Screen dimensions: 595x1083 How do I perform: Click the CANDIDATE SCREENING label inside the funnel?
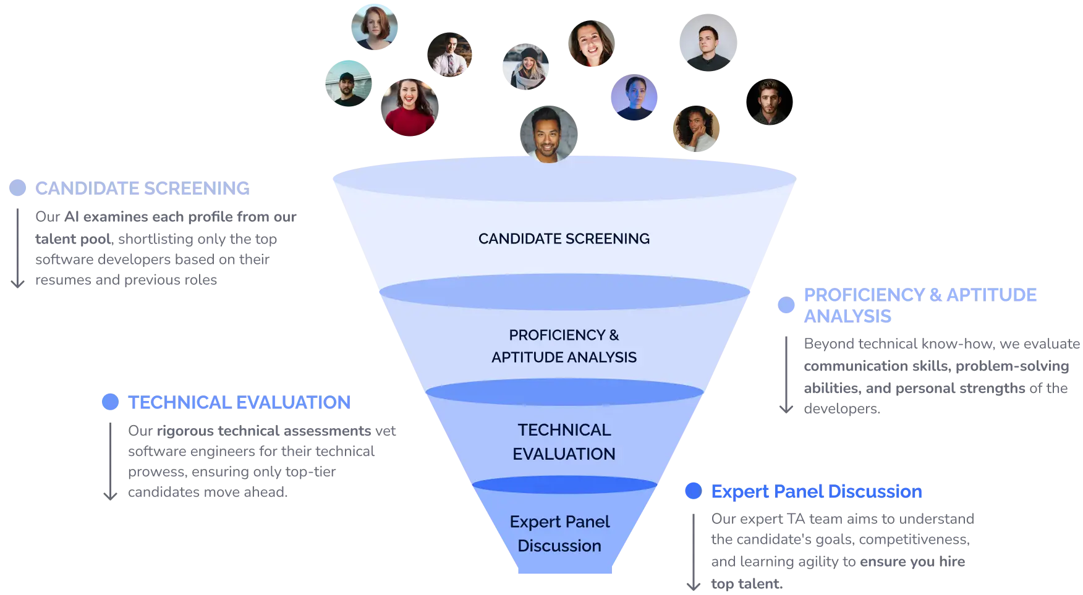[x=564, y=238]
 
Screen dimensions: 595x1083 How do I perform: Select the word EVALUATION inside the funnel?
[x=564, y=454]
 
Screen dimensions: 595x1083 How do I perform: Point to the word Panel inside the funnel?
[x=585, y=521]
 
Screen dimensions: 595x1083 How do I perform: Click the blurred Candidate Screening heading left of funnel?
[x=143, y=187]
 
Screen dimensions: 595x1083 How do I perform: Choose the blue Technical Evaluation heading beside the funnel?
[x=239, y=402]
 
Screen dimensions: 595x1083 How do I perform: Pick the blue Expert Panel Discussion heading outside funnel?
[x=817, y=491]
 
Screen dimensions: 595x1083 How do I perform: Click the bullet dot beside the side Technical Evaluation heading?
[x=109, y=402]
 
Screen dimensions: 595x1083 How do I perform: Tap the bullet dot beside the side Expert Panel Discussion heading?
[x=693, y=491]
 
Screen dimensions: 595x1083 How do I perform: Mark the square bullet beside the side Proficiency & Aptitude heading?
[x=786, y=305]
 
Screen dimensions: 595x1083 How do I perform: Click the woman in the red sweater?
[x=409, y=108]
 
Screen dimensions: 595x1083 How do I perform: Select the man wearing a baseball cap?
[x=347, y=85]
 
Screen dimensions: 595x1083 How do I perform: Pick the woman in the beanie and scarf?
[x=524, y=67]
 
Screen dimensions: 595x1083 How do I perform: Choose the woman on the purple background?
[x=633, y=98]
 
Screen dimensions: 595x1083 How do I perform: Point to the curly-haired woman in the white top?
[x=697, y=129]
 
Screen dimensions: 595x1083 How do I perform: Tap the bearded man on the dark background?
[x=768, y=103]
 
